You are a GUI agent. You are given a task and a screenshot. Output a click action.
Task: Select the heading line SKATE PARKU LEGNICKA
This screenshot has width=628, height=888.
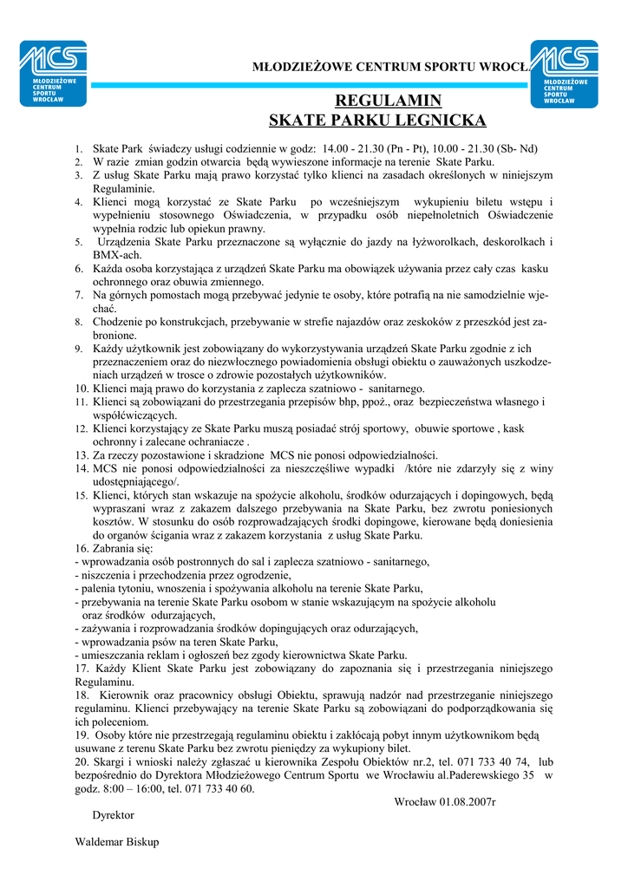pos(377,120)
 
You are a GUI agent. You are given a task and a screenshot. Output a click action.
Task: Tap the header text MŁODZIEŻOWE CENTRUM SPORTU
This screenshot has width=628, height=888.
pos(373,67)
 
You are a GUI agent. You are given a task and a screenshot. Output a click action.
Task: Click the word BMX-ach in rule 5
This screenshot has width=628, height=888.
pos(114,255)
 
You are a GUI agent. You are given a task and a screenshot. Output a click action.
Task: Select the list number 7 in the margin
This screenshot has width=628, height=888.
pos(78,295)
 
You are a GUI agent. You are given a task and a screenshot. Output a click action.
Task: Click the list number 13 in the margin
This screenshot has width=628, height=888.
pos(82,455)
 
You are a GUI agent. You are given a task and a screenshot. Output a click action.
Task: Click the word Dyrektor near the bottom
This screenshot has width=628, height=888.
pos(113,815)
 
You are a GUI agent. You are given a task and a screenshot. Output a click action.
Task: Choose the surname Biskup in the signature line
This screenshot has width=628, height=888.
pos(139,842)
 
